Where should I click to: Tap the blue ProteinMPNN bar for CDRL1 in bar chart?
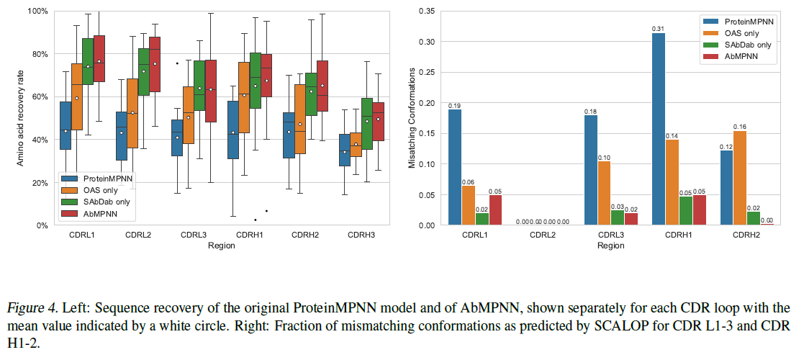coord(455,168)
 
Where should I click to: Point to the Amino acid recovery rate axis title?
coord(22,119)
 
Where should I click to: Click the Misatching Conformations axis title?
coord(412,118)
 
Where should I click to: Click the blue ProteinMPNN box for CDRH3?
coord(345,150)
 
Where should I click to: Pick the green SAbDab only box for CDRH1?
coord(255,80)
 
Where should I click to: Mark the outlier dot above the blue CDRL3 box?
coord(177,63)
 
